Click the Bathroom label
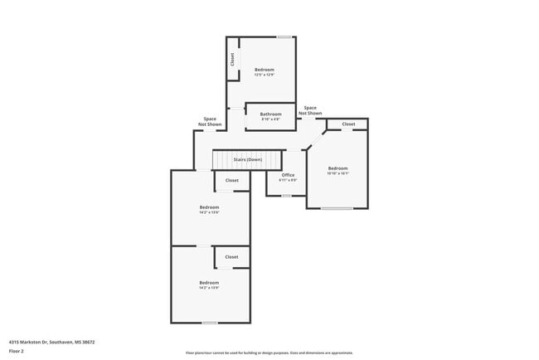pyautogui.click(x=270, y=114)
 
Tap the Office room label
pyautogui.click(x=288, y=175)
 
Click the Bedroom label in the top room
pyautogui.click(x=264, y=69)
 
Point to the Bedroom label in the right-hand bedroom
pyautogui.click(x=337, y=168)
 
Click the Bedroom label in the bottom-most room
pyautogui.click(x=209, y=283)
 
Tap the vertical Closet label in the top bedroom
pyautogui.click(x=233, y=60)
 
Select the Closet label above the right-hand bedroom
pyautogui.click(x=348, y=124)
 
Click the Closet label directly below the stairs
pyautogui.click(x=232, y=180)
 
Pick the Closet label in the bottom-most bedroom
pyautogui.click(x=232, y=257)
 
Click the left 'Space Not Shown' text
pyautogui.click(x=210, y=121)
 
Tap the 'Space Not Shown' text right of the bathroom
pyautogui.click(x=310, y=109)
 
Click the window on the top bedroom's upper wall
pyautogui.click(x=284, y=36)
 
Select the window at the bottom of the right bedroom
pyautogui.click(x=337, y=208)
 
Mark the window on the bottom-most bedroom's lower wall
pyautogui.click(x=210, y=323)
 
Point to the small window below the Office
pyautogui.click(x=286, y=196)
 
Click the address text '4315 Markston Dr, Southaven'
pyautogui.click(x=51, y=341)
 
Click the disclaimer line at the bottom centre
pyautogui.click(x=269, y=353)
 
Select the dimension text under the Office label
pyautogui.click(x=288, y=180)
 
